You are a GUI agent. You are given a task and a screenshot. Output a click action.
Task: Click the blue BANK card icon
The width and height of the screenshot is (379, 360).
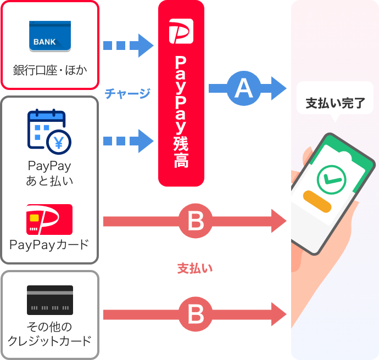pos(50,37)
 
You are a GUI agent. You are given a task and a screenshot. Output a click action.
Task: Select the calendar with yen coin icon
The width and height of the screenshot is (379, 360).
pos(49,132)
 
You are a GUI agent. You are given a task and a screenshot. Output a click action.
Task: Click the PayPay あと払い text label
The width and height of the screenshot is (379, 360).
pos(49,172)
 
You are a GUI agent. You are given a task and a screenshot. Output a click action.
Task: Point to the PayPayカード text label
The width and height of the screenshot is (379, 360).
pos(49,245)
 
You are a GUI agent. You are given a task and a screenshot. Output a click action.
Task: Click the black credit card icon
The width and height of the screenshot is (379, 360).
pos(50,300)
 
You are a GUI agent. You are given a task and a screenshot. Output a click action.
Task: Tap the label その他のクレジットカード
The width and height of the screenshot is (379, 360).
pos(49,334)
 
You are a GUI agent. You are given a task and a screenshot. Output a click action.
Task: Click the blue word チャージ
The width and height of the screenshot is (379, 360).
pos(127,94)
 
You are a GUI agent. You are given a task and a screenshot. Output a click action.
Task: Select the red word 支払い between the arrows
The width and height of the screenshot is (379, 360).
pos(194,268)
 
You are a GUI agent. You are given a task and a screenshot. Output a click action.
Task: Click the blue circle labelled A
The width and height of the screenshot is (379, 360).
pos(243,88)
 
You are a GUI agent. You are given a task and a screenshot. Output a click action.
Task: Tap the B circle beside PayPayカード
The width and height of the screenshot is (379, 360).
pos(196,221)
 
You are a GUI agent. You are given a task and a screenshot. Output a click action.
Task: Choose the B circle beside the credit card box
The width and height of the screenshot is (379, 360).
pos(196,314)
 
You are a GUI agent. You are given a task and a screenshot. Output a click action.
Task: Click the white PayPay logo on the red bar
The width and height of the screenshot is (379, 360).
pos(181,31)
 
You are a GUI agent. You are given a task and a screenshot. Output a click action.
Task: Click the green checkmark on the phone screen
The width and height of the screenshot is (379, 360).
pos(331,178)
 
